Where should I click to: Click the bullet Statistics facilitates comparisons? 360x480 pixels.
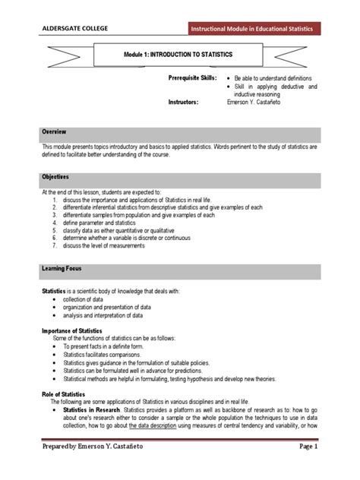[x=109, y=354]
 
